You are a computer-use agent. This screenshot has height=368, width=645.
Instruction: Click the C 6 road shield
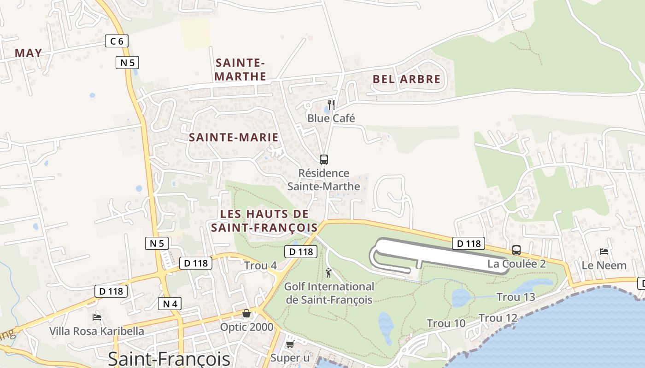coord(117,41)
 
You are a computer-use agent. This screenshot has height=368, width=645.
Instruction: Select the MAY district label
coord(29,53)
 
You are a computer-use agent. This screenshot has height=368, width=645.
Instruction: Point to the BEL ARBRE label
coord(406,79)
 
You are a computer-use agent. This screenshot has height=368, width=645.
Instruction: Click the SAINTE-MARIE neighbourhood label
coord(234,137)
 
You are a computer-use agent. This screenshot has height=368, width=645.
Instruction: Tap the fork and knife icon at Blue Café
coord(331,105)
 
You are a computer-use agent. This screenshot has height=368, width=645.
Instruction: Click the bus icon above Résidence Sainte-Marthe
coord(324,160)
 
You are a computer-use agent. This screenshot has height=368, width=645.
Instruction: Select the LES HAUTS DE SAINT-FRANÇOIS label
coord(264,220)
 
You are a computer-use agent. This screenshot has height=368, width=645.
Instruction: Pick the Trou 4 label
coord(260,265)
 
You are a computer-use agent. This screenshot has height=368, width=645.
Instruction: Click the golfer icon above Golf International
coord(328,273)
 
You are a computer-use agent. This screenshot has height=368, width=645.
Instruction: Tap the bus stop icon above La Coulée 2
coord(516,250)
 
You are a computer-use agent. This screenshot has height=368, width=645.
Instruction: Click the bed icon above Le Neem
coord(604,252)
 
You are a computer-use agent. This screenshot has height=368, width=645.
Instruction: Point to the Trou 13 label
coord(516,297)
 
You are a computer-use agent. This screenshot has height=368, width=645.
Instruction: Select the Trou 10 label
coord(446,323)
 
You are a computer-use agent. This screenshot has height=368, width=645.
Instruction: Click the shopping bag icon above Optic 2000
coord(246,314)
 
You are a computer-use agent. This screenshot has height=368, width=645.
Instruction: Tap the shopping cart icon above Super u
coord(290,344)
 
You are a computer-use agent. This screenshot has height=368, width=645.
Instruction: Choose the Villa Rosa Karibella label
coord(97,331)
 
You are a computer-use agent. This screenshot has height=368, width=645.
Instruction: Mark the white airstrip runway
coord(442,254)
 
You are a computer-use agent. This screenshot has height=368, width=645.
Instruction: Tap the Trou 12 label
coord(498,318)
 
